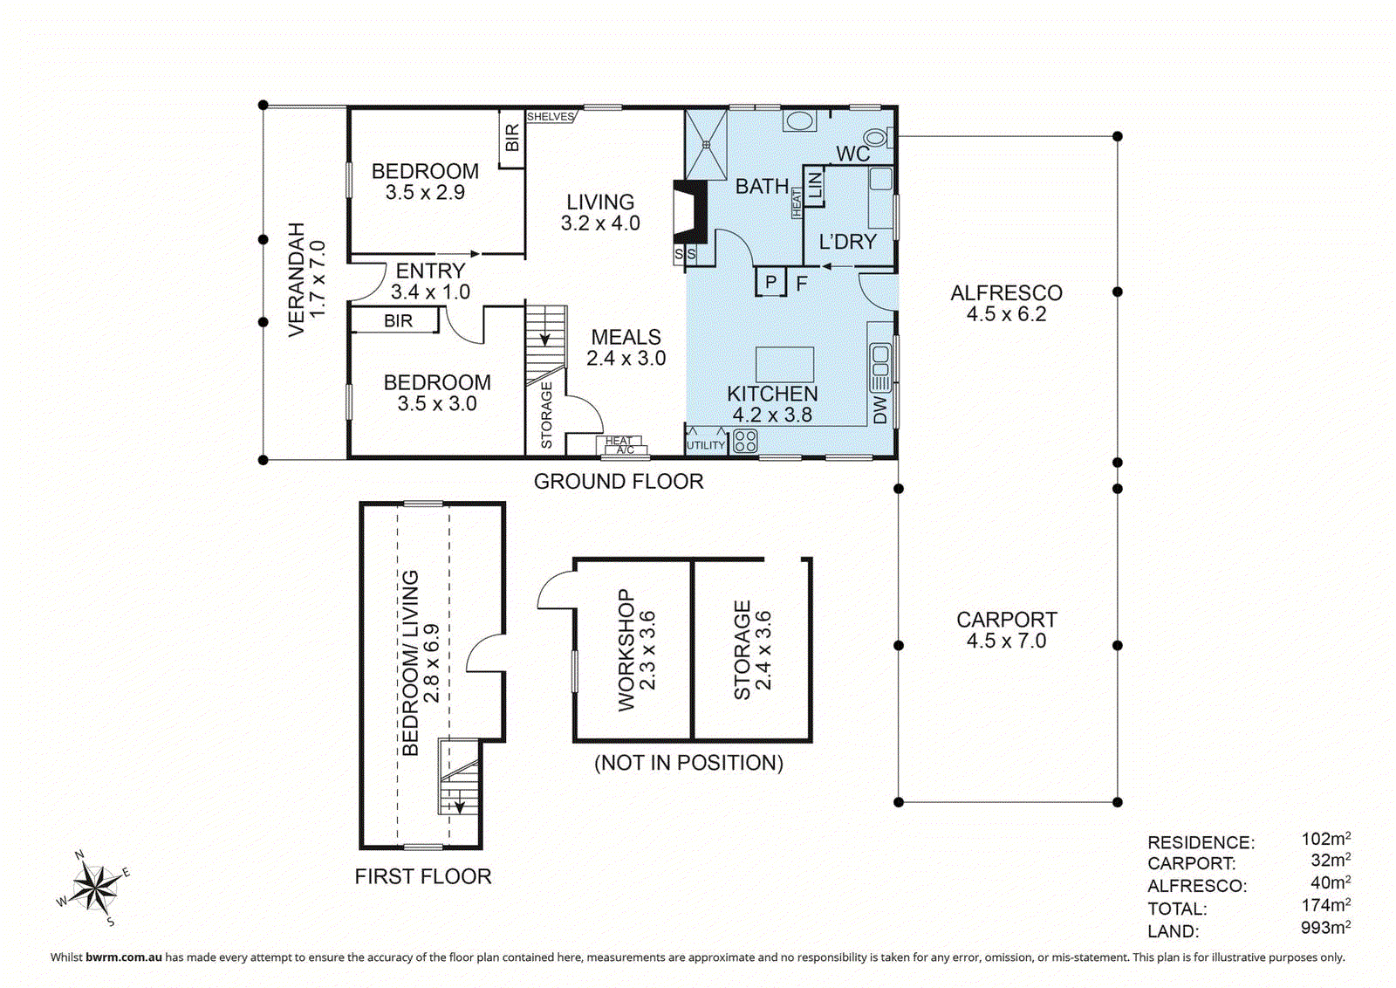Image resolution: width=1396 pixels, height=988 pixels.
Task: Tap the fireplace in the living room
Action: click(x=689, y=212)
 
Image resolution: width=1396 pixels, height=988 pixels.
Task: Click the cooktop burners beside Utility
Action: click(x=744, y=441)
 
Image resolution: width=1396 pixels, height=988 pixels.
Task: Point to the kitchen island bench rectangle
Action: click(x=784, y=364)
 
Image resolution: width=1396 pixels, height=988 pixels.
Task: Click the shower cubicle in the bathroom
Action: click(x=706, y=144)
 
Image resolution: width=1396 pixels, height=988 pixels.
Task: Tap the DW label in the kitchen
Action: click(x=879, y=409)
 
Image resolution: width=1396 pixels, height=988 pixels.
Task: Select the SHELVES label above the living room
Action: click(x=551, y=117)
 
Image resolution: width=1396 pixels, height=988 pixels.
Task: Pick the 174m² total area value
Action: click(x=1325, y=905)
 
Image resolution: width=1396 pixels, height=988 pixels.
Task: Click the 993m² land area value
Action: click(x=1325, y=928)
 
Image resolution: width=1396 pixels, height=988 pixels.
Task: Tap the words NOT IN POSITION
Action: click(x=688, y=763)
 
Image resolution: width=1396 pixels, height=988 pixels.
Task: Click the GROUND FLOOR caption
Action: click(x=618, y=482)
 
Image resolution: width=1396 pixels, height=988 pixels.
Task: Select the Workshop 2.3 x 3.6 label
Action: click(x=636, y=650)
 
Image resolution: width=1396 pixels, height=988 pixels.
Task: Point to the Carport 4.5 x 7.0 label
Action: click(x=1006, y=630)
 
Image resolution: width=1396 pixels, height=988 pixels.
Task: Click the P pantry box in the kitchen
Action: click(x=770, y=282)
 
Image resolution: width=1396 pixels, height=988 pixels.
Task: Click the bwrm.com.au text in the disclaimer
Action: click(x=123, y=957)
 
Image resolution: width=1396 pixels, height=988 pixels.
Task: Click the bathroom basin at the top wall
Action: click(x=798, y=120)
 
